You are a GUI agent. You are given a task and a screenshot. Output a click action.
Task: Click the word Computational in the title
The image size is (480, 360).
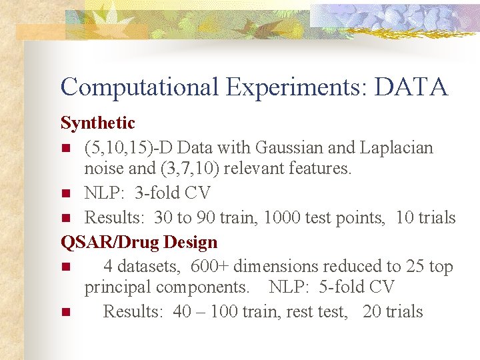[x=139, y=87]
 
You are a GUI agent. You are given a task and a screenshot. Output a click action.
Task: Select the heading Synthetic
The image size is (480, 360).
[x=97, y=123]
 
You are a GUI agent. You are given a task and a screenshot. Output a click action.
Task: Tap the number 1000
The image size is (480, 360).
[x=286, y=218]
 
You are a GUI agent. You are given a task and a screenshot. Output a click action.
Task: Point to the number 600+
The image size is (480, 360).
[x=210, y=267]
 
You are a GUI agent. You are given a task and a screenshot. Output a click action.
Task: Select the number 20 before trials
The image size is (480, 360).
[x=373, y=312]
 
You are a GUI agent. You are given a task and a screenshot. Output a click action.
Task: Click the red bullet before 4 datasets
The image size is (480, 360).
[x=65, y=267]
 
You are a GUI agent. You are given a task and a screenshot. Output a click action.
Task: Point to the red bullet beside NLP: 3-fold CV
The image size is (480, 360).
[x=65, y=194]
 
